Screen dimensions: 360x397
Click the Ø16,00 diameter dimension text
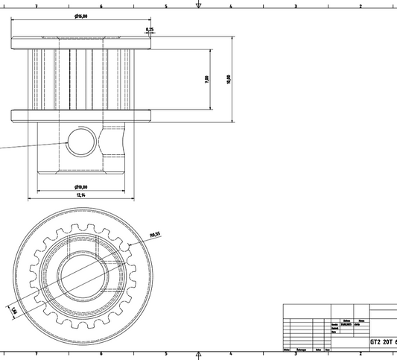(81, 16)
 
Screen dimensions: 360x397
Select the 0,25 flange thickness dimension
(150, 29)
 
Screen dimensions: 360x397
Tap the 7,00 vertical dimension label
(206, 79)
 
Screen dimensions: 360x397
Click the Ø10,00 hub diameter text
(81, 187)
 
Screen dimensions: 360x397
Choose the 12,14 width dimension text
(81, 195)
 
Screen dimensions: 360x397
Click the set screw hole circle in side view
(80, 141)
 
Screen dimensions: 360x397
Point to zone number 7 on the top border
(36, 5)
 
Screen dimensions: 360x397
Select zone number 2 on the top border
(361, 5)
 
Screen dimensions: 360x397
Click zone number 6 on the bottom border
(101, 354)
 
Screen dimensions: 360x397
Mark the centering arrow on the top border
(198, 5)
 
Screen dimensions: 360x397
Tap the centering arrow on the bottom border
(198, 355)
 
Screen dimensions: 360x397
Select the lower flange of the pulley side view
(81, 116)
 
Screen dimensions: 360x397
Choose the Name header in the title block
(361, 320)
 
